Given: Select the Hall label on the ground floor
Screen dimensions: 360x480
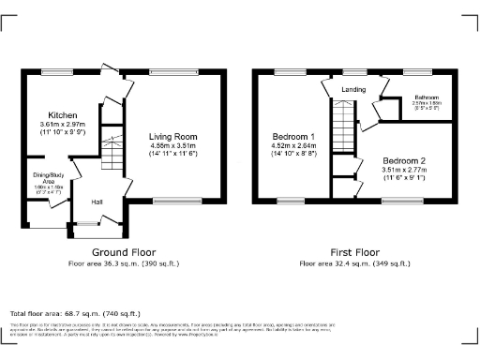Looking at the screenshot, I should [97, 201].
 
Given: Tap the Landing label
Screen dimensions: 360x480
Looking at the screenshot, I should [353, 90].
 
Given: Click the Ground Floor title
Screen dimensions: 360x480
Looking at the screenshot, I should [123, 252].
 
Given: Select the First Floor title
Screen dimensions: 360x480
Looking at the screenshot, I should [353, 252].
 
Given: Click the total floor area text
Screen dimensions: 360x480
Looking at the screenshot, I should [74, 312].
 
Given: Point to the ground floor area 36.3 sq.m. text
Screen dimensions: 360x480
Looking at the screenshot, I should [123, 264].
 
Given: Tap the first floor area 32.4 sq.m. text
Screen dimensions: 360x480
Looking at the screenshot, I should [353, 264].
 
